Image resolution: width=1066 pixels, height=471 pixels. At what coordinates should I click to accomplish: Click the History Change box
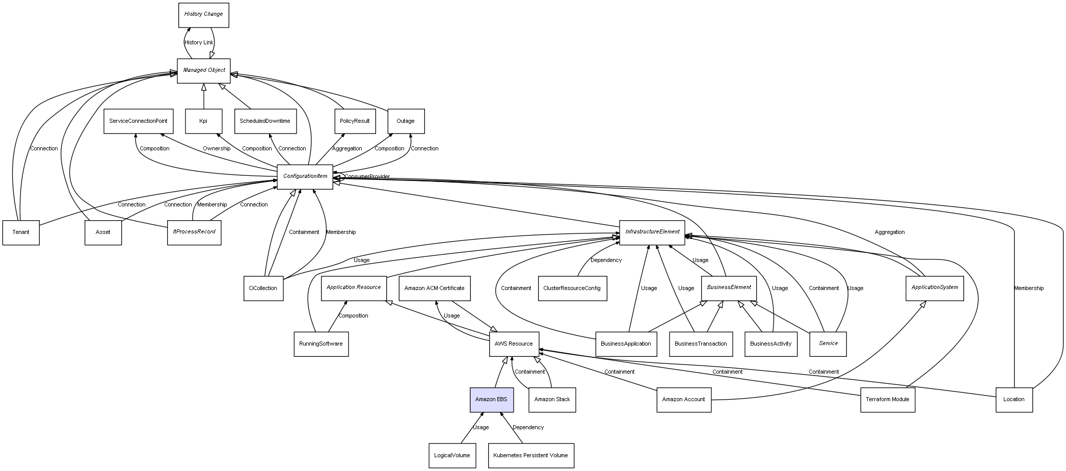click(x=203, y=15)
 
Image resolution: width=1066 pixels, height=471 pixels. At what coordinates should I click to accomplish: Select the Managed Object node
click(x=204, y=70)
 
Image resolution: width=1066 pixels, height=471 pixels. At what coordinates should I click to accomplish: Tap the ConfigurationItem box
click(x=305, y=176)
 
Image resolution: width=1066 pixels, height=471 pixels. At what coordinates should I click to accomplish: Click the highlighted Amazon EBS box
click(x=491, y=400)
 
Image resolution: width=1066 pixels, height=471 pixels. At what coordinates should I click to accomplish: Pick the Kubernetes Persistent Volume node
click(x=530, y=455)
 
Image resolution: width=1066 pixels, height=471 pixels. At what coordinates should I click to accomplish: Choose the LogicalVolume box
click(x=452, y=455)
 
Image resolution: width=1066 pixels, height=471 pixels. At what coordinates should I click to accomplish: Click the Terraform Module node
click(x=887, y=400)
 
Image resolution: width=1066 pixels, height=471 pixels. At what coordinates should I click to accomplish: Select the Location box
click(x=1014, y=400)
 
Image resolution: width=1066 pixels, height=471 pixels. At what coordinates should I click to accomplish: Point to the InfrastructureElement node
click(x=652, y=232)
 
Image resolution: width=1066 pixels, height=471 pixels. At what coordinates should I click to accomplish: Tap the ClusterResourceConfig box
click(x=572, y=288)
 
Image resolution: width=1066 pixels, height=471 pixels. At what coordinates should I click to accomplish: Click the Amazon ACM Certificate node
click(x=434, y=288)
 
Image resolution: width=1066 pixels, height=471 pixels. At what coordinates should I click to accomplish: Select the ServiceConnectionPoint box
click(x=138, y=121)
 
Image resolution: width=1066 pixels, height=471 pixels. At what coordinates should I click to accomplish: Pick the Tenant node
click(x=21, y=232)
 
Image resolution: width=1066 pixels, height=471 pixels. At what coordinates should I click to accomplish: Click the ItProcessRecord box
click(x=194, y=232)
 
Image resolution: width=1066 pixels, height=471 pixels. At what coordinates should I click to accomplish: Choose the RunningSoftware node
click(x=321, y=344)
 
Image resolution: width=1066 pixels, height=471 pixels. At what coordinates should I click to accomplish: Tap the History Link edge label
click(x=199, y=43)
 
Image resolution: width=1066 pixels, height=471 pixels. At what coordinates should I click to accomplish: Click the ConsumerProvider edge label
click(x=367, y=177)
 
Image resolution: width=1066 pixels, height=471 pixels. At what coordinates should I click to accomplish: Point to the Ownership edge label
click(x=217, y=149)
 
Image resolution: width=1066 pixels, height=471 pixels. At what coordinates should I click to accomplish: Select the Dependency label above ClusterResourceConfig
click(x=606, y=260)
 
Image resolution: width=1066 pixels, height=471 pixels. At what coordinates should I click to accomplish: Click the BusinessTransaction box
click(x=701, y=344)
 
